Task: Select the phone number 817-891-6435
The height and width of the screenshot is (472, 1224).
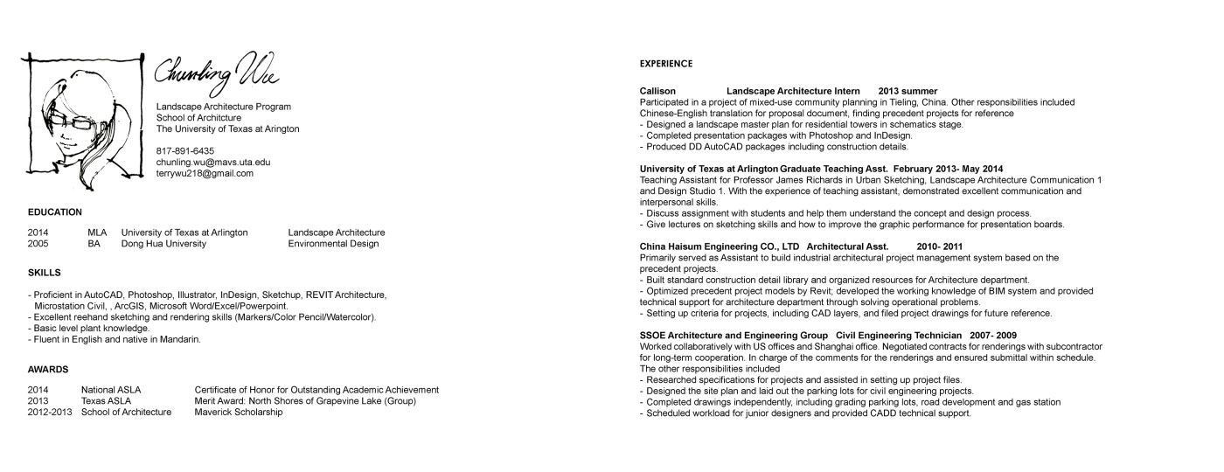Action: (184, 151)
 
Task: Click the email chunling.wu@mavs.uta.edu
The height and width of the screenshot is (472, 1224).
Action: (212, 163)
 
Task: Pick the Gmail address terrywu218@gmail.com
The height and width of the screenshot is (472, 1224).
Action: (205, 174)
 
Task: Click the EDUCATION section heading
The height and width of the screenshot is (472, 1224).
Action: (55, 212)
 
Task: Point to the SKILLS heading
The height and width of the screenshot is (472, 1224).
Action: (44, 274)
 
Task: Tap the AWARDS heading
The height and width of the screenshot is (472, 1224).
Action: (48, 370)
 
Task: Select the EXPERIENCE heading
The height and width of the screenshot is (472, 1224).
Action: (666, 64)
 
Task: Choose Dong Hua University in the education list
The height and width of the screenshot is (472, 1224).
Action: (163, 244)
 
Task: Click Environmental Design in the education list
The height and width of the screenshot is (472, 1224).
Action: (333, 244)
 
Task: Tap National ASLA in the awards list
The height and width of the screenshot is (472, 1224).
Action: (111, 390)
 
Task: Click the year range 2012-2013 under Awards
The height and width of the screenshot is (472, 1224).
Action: (50, 413)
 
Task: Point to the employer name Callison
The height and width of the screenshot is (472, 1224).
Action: (658, 91)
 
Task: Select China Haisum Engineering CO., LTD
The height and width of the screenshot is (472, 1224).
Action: (720, 246)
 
